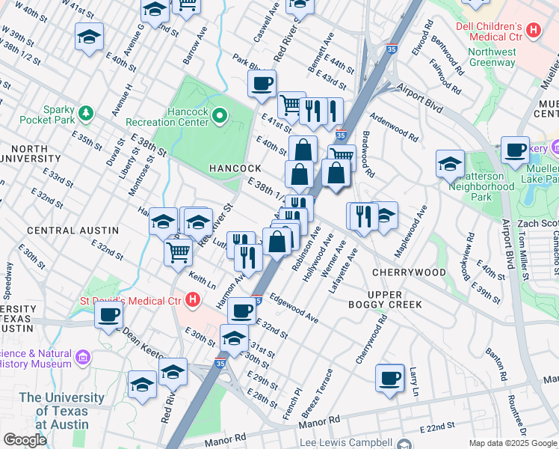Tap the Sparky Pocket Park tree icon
coord(87,113)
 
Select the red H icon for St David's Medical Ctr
coord(193,302)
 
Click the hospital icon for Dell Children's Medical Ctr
coord(534,31)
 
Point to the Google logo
coord(25,440)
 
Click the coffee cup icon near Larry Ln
coord(389,378)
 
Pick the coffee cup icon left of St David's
coord(108,314)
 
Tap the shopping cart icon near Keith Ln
coord(178,251)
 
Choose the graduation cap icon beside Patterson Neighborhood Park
coord(450,164)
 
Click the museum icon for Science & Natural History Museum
coord(82,358)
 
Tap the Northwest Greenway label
coord(492,58)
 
